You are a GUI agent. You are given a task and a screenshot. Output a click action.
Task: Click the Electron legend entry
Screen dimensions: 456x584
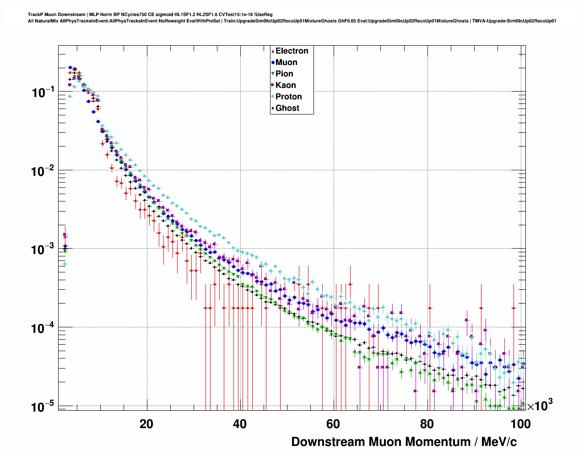(x=292, y=51)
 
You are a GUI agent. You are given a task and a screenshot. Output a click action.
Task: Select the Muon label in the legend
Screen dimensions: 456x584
(x=286, y=62)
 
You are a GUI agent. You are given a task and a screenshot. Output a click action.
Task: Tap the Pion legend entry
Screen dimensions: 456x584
(x=284, y=74)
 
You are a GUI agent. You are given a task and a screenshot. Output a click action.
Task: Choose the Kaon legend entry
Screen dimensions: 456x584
(x=286, y=85)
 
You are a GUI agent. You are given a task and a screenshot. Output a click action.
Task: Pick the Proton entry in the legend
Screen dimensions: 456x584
(x=288, y=97)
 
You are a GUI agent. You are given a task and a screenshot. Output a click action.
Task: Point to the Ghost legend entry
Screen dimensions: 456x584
(x=287, y=108)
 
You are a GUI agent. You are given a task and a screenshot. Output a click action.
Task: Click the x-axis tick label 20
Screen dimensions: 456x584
(x=146, y=424)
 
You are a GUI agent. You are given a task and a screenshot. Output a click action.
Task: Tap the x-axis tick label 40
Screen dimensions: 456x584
(x=240, y=424)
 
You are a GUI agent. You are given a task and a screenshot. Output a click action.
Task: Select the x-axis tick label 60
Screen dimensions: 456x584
(x=333, y=424)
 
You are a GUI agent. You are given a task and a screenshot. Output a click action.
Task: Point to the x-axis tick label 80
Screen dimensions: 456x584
(x=427, y=424)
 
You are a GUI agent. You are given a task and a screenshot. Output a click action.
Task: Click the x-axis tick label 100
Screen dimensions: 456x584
(x=520, y=424)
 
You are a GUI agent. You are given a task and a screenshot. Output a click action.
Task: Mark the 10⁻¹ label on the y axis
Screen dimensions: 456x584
(x=43, y=92)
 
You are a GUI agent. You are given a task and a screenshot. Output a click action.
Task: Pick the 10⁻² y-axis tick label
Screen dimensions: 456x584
(x=43, y=171)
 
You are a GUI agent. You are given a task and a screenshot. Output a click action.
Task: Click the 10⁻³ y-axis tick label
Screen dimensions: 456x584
(x=43, y=250)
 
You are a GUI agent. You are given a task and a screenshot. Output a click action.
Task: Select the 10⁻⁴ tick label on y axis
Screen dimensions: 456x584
(x=43, y=328)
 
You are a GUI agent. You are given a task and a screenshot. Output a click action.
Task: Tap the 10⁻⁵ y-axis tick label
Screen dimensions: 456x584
(x=43, y=407)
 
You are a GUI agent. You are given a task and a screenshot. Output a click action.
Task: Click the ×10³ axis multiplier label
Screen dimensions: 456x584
(x=540, y=405)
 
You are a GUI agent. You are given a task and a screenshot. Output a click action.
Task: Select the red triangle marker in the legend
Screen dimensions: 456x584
(x=273, y=51)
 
